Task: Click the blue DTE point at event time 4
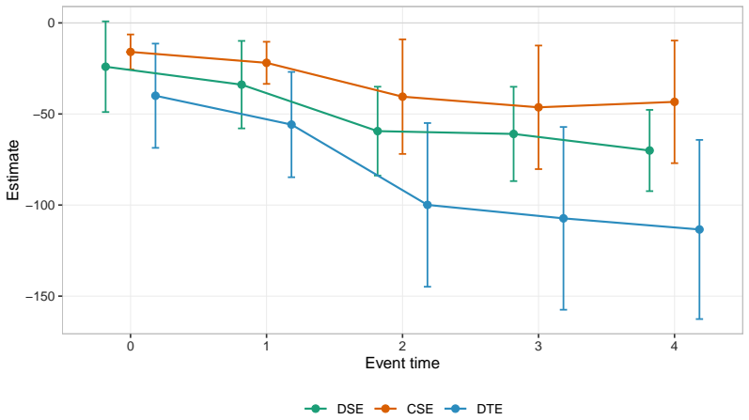699,230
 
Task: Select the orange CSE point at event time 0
131,52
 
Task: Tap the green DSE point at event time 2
378,131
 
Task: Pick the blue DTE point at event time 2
428,205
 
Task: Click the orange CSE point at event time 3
538,107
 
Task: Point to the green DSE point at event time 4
649,150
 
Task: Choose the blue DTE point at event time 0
155,96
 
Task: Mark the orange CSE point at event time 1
267,63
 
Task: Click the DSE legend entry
334,409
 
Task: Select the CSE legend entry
404,409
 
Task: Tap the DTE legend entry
474,409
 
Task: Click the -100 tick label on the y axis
40,206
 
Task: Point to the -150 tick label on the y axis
40,297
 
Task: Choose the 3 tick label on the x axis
538,346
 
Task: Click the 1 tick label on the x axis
267,346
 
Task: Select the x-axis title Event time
402,363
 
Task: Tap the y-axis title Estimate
13,170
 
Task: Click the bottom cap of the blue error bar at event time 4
699,319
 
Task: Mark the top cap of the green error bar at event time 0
105,22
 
